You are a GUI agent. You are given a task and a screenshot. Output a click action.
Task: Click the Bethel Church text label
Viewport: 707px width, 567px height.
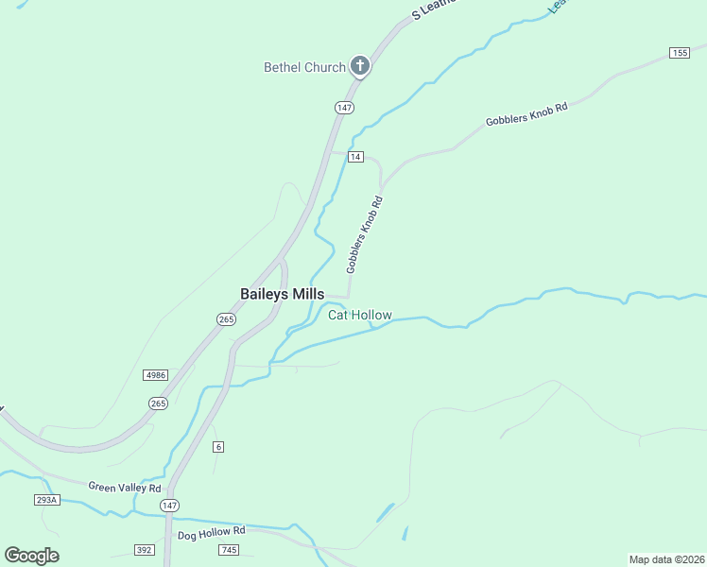304,67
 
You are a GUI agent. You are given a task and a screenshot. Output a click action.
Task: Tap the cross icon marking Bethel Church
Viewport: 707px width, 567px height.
359,65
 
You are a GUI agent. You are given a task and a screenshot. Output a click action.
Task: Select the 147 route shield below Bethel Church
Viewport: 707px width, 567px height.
344,108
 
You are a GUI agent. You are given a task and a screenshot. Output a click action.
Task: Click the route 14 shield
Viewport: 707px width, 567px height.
354,156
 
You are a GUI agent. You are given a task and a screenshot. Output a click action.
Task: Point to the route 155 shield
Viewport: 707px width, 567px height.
680,53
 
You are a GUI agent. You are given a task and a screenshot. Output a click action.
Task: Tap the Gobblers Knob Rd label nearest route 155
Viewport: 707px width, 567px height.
526,114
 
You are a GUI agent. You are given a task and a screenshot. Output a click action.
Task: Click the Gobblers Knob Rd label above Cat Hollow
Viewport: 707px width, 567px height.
365,234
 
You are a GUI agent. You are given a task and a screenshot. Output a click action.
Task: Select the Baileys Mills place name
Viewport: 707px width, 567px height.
282,294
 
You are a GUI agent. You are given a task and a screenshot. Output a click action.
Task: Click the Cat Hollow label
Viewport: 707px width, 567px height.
359,315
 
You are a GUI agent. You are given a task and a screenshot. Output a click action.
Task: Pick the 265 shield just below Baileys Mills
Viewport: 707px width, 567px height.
226,319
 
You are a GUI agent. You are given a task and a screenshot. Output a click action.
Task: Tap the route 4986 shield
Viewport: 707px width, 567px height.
156,375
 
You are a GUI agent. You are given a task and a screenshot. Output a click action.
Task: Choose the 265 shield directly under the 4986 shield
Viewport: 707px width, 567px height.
158,404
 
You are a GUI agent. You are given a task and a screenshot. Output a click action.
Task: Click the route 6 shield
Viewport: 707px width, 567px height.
218,446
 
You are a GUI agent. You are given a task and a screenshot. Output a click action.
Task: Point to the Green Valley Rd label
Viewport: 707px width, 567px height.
125,487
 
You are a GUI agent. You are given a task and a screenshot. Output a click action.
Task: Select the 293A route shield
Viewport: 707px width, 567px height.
46,499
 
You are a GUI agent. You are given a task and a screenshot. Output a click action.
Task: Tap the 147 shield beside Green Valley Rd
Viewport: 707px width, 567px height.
169,506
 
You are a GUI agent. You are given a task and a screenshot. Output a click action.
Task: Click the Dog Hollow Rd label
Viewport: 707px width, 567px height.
211,532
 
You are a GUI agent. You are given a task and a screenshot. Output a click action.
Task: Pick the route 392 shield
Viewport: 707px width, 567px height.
145,549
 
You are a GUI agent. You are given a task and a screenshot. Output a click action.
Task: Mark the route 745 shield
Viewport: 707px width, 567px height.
230,549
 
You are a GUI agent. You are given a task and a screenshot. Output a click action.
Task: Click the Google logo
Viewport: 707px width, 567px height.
31,556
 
